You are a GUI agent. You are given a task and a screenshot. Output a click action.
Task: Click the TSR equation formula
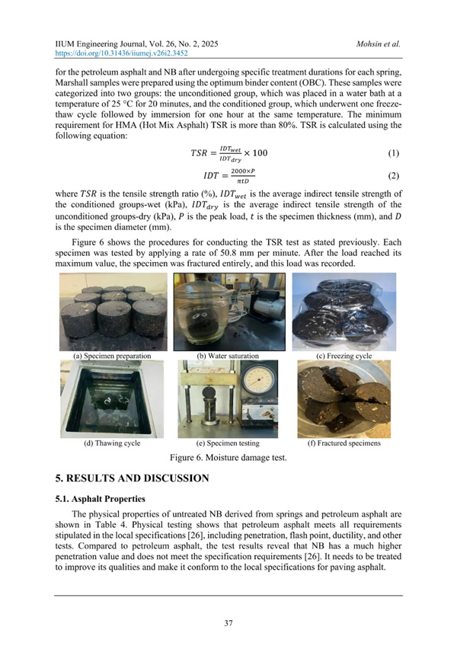coord(228,154)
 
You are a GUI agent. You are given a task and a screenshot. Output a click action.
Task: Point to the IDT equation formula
coord(228,177)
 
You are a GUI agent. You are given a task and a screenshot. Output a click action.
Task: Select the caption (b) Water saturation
coord(228,356)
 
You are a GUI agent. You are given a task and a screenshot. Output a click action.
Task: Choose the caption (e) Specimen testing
coord(228,443)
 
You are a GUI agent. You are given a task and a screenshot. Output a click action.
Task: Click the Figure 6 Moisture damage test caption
coord(228,458)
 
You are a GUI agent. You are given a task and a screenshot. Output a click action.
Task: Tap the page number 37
coord(228,623)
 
